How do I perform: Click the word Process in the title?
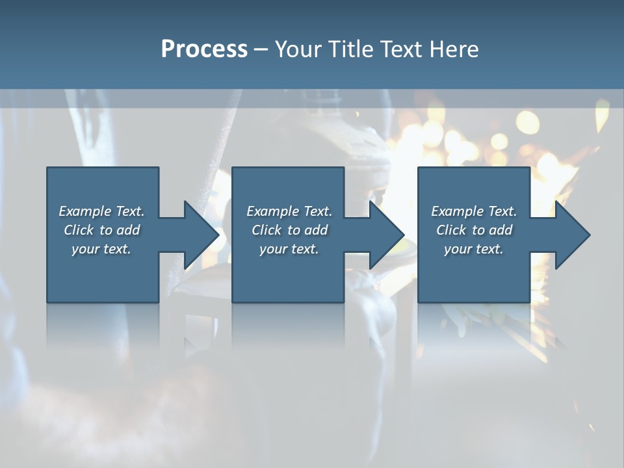204,49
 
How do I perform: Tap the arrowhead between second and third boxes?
386,235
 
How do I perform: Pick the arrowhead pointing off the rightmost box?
572,235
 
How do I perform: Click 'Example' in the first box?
84,211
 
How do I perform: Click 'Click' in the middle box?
266,230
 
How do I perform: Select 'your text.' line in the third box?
473,249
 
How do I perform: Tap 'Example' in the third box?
458,211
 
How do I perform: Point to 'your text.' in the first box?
101,249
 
